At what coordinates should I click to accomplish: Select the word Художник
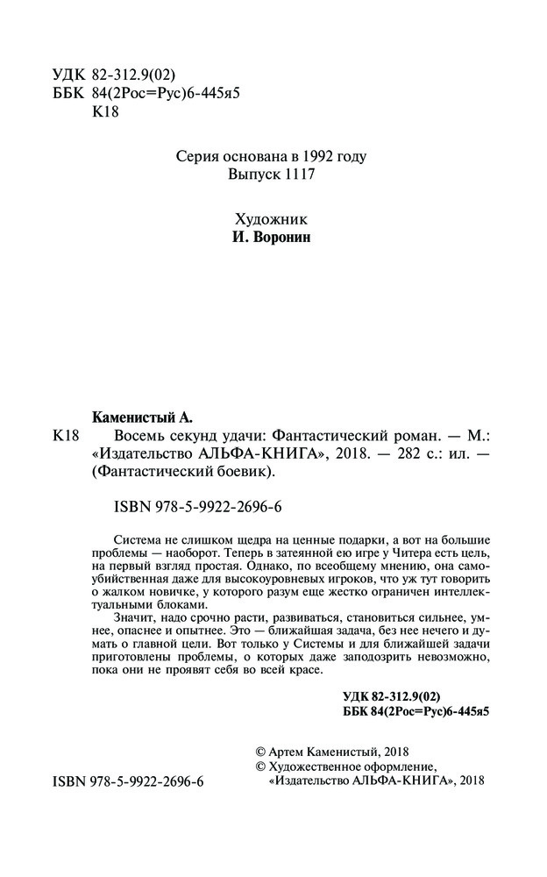(273, 219)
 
